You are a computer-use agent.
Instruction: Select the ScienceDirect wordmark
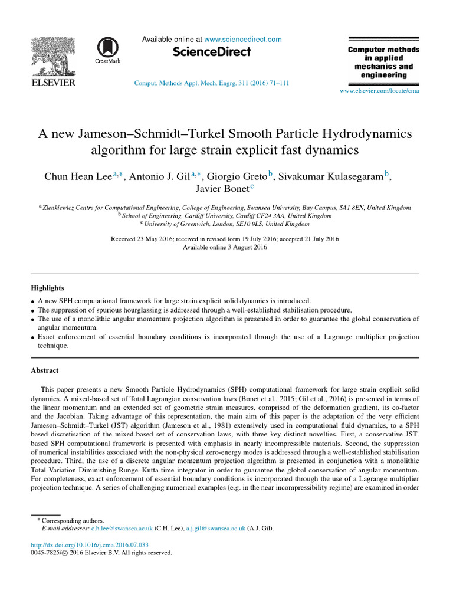tap(212, 52)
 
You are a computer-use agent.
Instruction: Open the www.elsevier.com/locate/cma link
tap(379, 91)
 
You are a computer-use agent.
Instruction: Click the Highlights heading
tap(47, 288)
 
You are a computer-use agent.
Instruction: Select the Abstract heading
tap(44, 370)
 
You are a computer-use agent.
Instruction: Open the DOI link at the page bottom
tap(90, 545)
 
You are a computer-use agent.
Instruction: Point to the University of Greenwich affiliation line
tap(226, 224)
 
